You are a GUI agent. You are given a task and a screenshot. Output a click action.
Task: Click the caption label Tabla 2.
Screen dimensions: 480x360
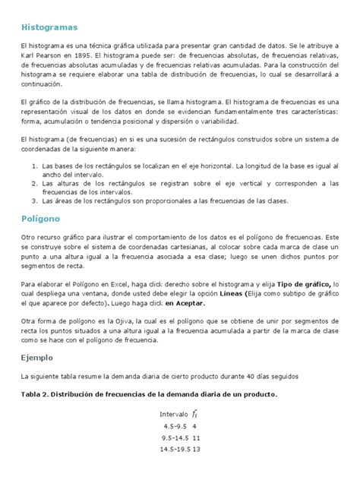(39, 394)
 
